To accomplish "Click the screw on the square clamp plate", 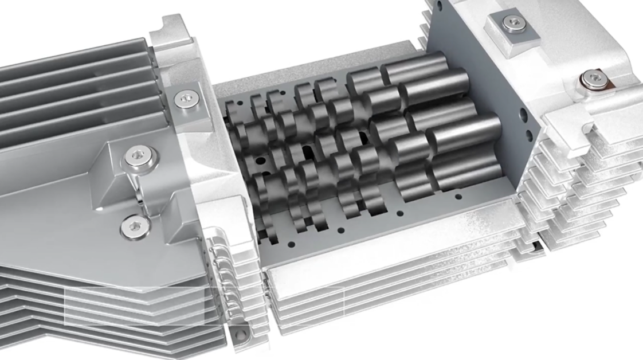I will [x=513, y=23].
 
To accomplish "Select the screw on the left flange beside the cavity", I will [x=184, y=99].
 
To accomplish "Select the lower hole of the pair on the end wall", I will [x=528, y=135].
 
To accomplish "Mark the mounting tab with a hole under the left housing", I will [x=241, y=332].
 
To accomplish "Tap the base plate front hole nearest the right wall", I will [x=458, y=197].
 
